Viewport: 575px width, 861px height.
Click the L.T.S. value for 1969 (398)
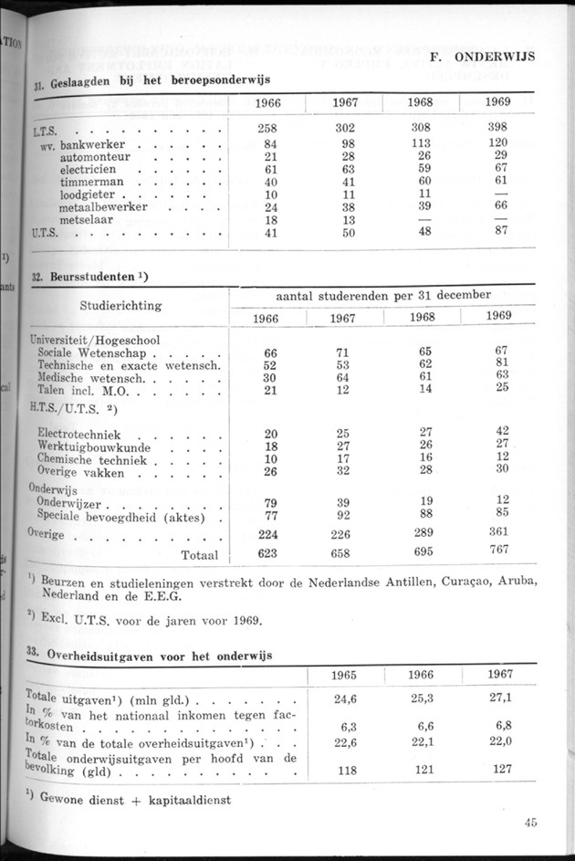[x=497, y=128]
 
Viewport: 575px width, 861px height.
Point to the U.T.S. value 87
[x=497, y=233]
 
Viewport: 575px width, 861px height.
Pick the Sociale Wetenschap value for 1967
[x=342, y=352]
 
